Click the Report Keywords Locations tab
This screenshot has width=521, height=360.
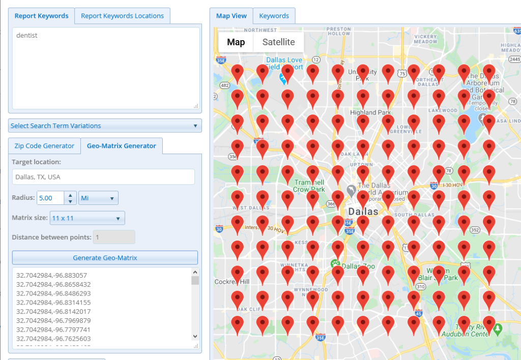[x=122, y=16]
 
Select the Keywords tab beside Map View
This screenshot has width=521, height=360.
[x=274, y=16]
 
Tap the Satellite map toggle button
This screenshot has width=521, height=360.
[x=278, y=42]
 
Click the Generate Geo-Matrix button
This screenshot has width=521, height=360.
[x=105, y=257]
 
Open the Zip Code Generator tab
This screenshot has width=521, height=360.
[x=44, y=145]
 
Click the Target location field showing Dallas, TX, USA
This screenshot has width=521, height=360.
[x=103, y=177]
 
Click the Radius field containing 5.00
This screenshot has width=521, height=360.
[x=50, y=198]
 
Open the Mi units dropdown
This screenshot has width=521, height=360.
[x=98, y=198]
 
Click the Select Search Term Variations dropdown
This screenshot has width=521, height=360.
[x=105, y=126]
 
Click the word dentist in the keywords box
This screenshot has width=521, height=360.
[x=27, y=36]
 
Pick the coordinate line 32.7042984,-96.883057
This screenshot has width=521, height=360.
[x=51, y=275]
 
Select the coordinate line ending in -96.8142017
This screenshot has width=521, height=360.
[x=53, y=311]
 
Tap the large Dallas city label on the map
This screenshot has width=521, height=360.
[x=363, y=212]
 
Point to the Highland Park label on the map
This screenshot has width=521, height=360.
[x=370, y=112]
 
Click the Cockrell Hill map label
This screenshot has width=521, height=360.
[x=232, y=282]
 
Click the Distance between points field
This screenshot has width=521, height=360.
[x=114, y=237]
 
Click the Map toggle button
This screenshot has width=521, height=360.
[x=236, y=42]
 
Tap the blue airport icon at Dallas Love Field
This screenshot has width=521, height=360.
[x=282, y=78]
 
